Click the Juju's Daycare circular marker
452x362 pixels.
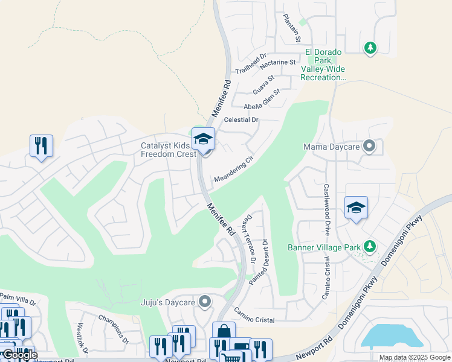tap(205, 301)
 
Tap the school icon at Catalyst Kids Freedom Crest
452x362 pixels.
tap(204, 140)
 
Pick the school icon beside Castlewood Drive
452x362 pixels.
tap(356, 208)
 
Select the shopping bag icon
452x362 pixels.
tap(224, 332)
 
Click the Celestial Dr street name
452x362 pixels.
tap(241, 119)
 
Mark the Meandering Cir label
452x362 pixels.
tap(233, 171)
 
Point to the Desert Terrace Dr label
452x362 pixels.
tap(250, 240)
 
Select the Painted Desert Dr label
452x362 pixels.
tap(260, 262)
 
